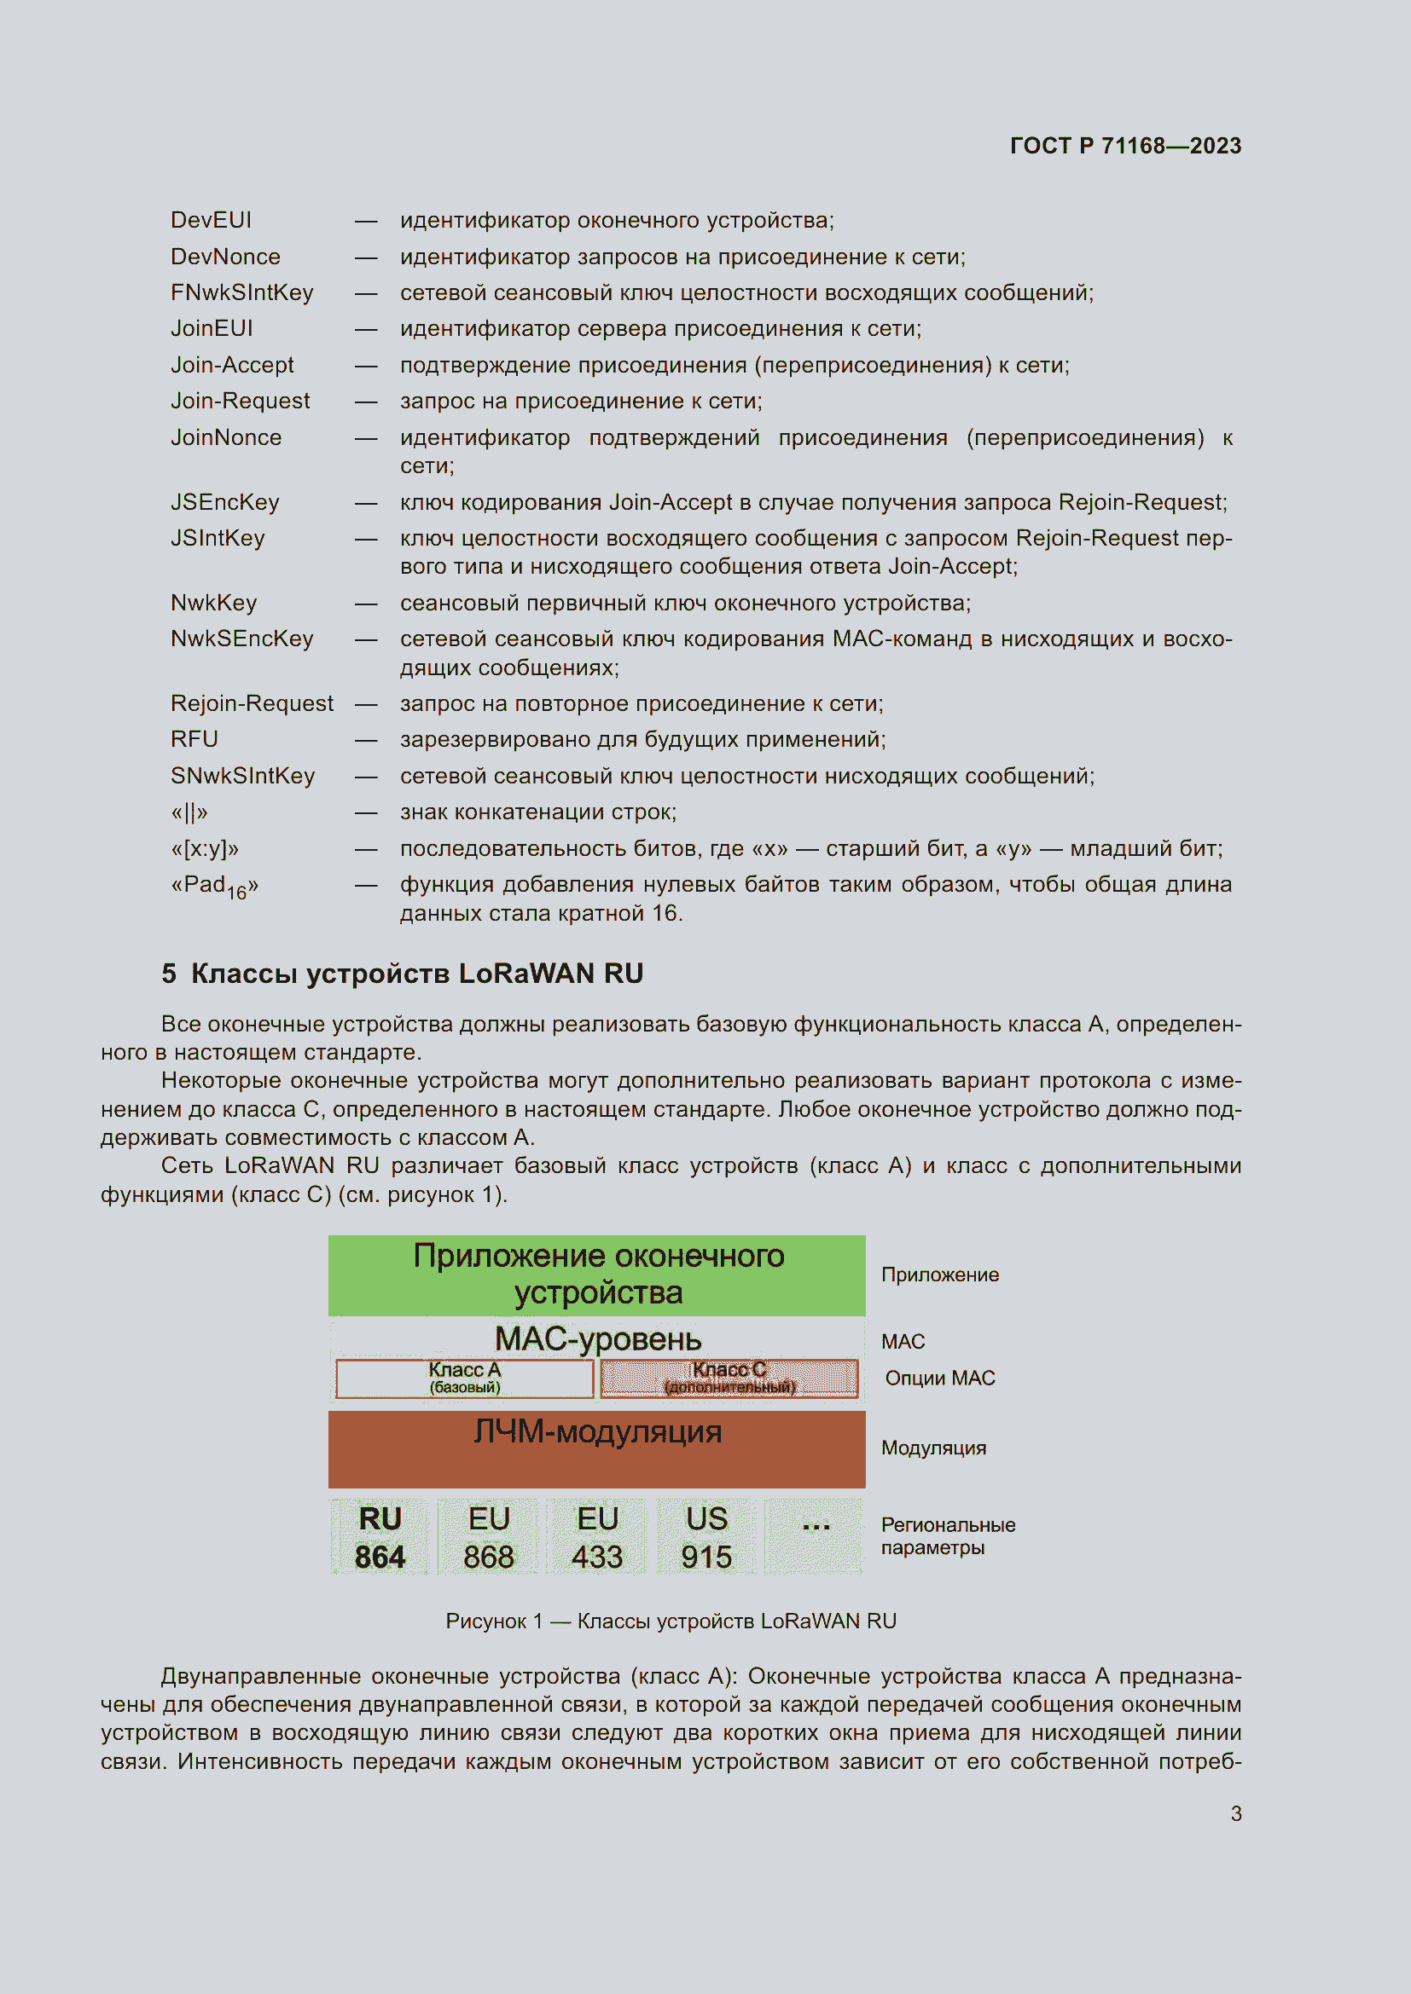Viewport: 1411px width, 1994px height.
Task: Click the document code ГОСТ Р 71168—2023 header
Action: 1124,145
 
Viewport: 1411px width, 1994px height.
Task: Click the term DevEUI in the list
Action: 211,220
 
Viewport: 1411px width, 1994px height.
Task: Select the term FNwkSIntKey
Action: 241,292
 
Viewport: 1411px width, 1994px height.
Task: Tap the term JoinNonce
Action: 226,436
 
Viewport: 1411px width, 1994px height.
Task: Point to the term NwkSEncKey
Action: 241,639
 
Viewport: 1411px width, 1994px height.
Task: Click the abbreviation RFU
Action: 194,739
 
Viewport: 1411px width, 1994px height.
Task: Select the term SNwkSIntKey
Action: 242,776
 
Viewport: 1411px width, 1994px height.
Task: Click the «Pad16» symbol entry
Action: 215,886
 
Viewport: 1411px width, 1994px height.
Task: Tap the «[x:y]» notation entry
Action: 204,848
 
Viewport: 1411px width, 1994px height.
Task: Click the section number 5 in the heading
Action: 169,974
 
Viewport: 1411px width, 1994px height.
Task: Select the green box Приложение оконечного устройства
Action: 597,1274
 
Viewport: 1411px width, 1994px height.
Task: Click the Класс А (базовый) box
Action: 465,1378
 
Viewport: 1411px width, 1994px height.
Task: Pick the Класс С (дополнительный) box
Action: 729,1378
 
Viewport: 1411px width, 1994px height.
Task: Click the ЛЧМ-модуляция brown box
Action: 597,1448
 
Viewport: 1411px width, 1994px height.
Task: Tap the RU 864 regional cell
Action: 380,1537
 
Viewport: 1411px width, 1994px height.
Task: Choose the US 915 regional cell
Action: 705,1537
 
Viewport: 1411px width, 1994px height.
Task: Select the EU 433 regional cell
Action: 597,1537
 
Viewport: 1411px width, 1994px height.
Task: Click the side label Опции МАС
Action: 939,1378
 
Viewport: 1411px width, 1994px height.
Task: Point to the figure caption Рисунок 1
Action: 670,1621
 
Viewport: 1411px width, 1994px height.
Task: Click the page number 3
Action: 1235,1813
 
